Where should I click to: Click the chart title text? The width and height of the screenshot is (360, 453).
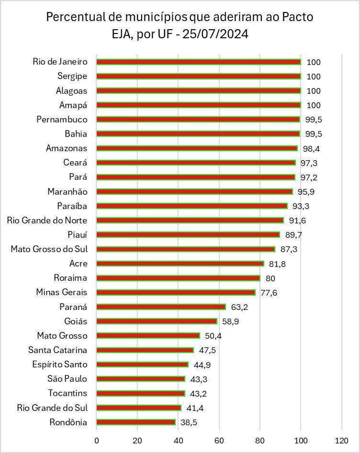point(180,26)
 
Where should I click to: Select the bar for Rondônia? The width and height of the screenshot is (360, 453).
point(136,422)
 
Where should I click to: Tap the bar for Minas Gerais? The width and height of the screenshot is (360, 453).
point(176,292)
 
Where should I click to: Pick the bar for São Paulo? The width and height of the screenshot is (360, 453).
point(141,379)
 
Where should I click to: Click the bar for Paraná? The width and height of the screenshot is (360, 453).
point(161,307)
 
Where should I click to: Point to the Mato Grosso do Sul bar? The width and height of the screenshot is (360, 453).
point(186,249)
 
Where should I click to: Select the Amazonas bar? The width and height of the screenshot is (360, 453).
point(197,148)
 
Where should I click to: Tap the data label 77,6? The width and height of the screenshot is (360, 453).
point(269,292)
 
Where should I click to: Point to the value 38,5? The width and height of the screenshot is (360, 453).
point(189,422)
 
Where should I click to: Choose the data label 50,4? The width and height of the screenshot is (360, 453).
point(213,336)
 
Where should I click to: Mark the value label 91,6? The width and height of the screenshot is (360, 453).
point(297,221)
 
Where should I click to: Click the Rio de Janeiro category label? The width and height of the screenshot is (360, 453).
point(60,62)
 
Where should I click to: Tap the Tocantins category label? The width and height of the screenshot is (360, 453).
point(67,393)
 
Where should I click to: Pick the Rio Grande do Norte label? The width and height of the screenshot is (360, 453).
point(47,221)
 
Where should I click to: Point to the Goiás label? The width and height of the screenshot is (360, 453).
point(76,321)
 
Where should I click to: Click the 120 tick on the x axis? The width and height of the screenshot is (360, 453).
point(342,440)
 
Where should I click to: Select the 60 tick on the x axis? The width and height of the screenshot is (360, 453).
point(219,440)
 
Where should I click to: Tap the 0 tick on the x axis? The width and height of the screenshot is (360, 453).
point(97,440)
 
